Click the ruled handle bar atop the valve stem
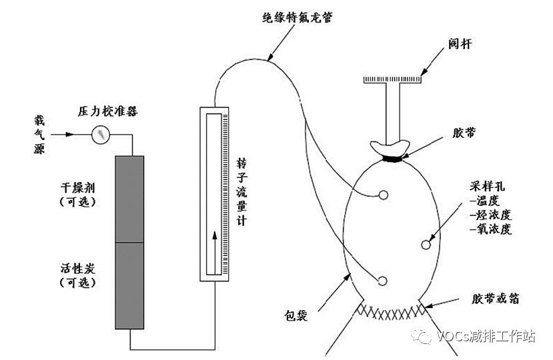click(393, 80)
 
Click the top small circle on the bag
click(384, 195)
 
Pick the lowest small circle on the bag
click(383, 281)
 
